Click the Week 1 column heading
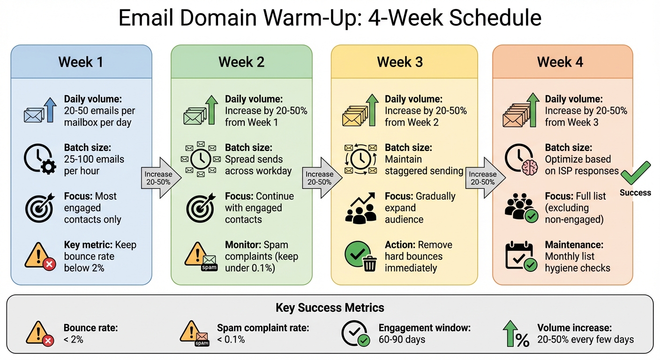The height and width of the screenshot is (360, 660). [81, 62]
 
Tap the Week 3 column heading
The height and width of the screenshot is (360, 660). [400, 62]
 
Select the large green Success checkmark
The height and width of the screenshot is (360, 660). [636, 174]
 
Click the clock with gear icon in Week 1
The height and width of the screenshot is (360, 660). [39, 159]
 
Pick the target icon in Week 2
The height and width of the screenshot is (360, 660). [200, 208]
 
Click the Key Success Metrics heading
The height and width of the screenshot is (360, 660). [330, 308]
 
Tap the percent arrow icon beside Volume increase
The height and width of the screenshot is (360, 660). [516, 334]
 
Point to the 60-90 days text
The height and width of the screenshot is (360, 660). [402, 339]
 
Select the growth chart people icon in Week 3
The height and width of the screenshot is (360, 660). [360, 208]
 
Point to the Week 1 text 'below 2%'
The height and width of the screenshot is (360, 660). [84, 268]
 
